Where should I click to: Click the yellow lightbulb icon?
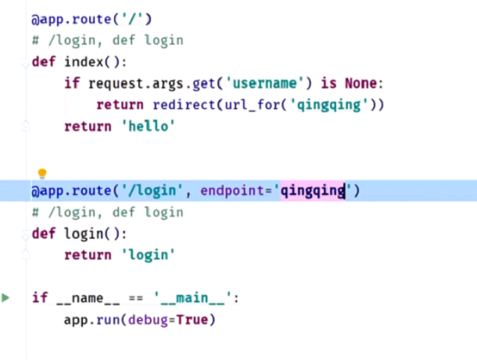[x=43, y=174]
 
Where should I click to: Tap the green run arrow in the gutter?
[x=6, y=297]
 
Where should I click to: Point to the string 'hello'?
[x=146, y=126]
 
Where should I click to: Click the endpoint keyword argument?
[x=234, y=190]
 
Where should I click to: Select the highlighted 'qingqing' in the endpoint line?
[x=314, y=190]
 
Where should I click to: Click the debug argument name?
[x=148, y=319]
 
